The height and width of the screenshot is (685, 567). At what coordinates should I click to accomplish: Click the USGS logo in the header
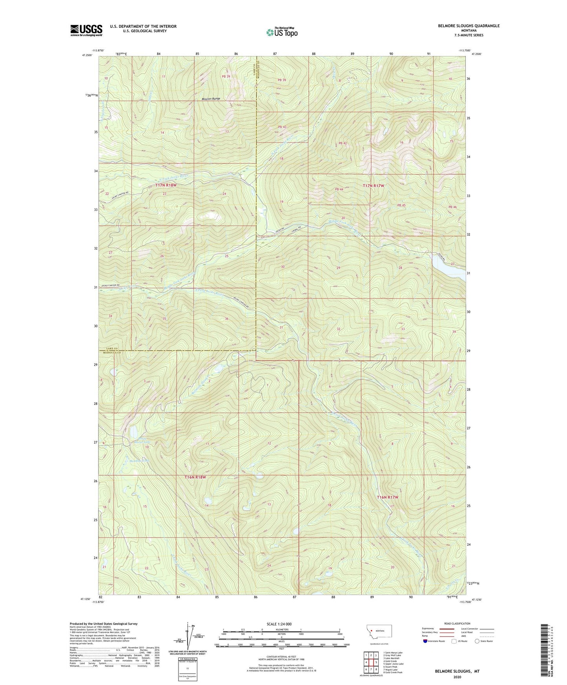point(86,30)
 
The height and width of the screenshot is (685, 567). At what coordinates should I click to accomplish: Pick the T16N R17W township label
point(387,497)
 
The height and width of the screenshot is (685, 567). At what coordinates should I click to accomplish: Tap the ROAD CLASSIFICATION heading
point(458,623)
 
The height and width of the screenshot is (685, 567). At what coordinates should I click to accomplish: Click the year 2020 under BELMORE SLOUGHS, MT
point(457,677)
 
